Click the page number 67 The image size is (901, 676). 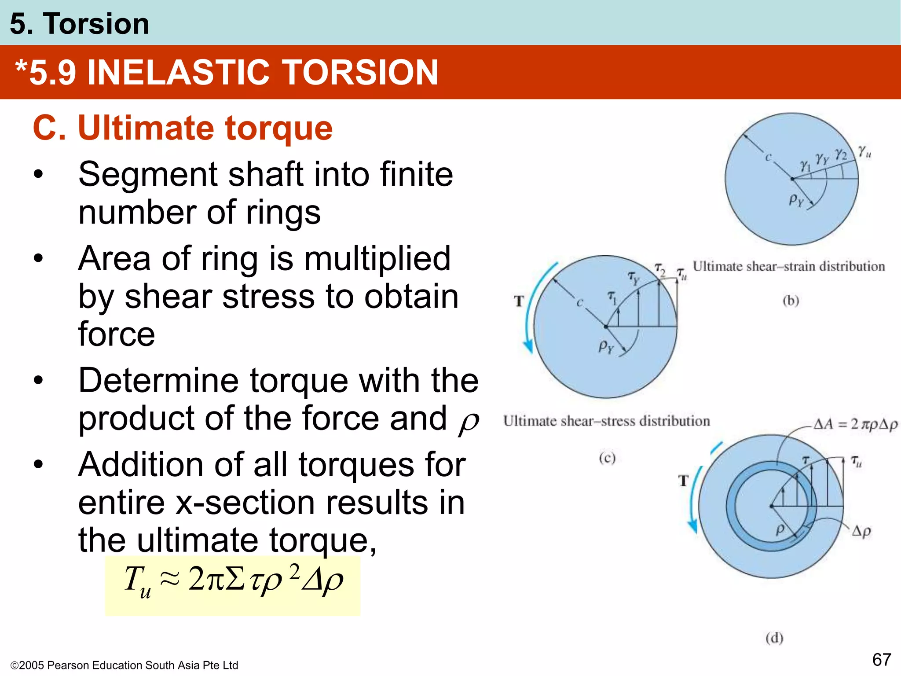[x=882, y=660]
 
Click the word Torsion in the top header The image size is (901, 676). [x=96, y=24]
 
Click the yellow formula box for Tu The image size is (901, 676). [x=232, y=585]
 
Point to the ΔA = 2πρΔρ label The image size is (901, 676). [x=854, y=424]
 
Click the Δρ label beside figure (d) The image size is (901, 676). [x=861, y=531]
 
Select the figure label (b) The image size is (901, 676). [x=791, y=301]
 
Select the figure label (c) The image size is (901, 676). [x=607, y=459]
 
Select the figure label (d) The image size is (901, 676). [x=774, y=638]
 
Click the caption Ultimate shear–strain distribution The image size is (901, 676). [x=788, y=267]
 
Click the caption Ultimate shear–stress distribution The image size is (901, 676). [x=606, y=421]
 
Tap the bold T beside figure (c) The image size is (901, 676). [x=519, y=301]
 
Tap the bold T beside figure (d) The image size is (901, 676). [x=683, y=481]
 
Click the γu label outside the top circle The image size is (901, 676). [x=864, y=152]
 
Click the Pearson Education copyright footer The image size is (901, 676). [x=124, y=665]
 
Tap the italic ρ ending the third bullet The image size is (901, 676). [x=468, y=422]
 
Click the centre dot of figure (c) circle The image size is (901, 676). [x=606, y=327]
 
